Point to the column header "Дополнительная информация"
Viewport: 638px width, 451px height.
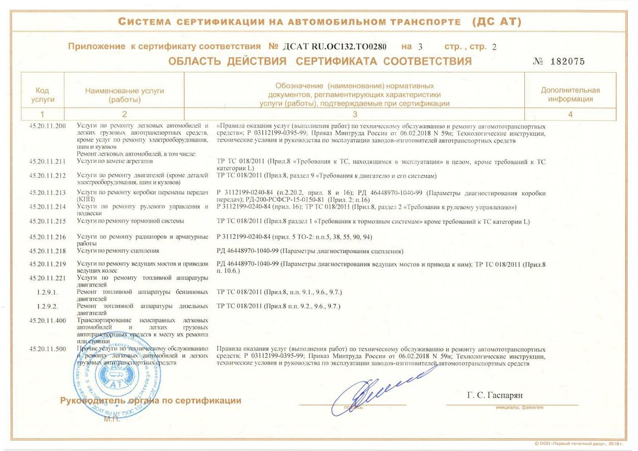click(x=570, y=94)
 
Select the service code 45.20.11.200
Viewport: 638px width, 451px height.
click(x=47, y=125)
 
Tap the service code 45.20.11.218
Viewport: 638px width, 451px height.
click(x=47, y=250)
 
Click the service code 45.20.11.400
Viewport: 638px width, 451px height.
click(x=47, y=320)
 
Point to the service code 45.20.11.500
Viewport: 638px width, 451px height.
click(x=47, y=349)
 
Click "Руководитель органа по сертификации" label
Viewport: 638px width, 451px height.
click(x=150, y=401)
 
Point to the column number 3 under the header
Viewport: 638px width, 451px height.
click(x=355, y=114)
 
